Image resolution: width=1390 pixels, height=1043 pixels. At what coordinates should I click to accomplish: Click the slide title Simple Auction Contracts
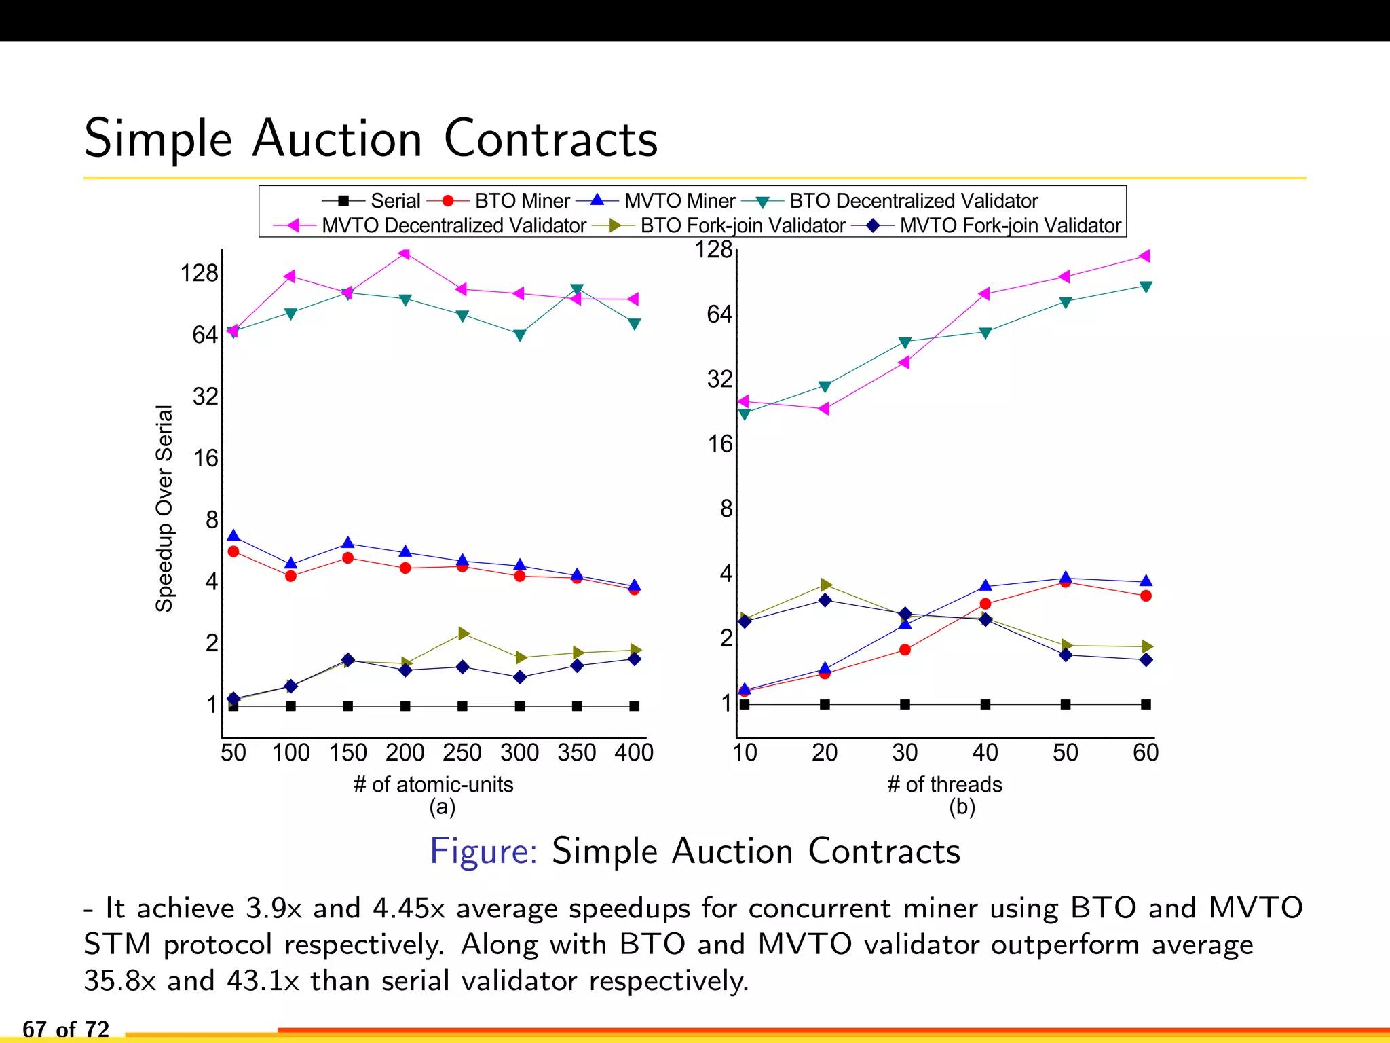pos(371,139)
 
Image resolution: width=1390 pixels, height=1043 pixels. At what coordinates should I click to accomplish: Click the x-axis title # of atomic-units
pos(433,784)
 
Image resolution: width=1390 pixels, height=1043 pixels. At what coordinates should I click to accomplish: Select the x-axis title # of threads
pos(944,784)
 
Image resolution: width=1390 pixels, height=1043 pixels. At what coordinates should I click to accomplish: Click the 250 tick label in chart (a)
pos(462,752)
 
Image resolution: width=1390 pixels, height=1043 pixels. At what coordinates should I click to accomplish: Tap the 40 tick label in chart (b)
pos(985,752)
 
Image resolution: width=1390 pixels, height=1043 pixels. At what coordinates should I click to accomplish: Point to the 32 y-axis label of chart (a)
pos(205,397)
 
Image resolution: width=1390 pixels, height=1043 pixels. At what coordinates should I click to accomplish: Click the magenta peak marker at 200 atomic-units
pos(405,254)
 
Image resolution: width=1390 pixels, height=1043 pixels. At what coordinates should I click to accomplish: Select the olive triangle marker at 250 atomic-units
pos(464,634)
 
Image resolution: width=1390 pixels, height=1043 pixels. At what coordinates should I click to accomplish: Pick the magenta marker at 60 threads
pos(1145,256)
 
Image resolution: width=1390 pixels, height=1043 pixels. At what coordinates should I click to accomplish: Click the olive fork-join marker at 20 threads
pos(825,585)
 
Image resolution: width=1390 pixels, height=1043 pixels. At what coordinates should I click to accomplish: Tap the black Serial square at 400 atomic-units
pos(634,706)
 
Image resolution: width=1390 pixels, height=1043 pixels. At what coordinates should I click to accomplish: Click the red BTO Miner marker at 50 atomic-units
pos(233,551)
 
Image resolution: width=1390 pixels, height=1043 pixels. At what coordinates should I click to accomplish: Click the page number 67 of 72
pos(66,1029)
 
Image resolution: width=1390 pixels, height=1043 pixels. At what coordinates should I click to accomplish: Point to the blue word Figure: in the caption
pos(483,851)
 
